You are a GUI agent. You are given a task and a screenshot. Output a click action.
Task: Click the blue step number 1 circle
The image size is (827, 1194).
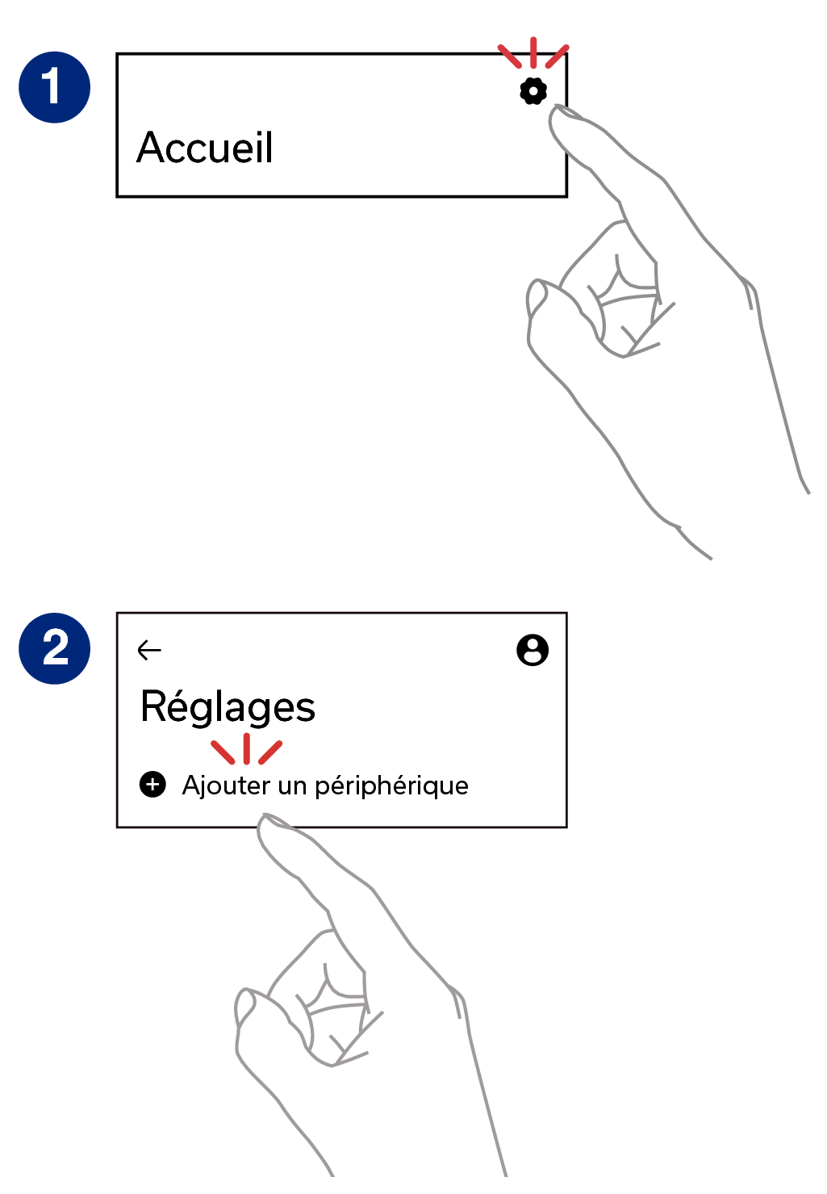click(x=54, y=87)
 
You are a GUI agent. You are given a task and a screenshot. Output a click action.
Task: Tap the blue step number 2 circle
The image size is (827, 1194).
click(x=54, y=648)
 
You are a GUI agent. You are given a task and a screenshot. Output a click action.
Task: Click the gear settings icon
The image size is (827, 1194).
click(x=533, y=91)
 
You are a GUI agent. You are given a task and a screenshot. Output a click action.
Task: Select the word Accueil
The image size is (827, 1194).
click(x=205, y=147)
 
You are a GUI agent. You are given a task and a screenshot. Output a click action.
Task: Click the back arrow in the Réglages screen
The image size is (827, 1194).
click(x=149, y=651)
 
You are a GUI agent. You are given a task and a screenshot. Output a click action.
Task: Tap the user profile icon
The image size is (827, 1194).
click(x=533, y=650)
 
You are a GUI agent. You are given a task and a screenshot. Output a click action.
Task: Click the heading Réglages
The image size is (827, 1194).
click(x=228, y=708)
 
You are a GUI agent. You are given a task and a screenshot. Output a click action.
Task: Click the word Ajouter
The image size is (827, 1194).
click(x=227, y=786)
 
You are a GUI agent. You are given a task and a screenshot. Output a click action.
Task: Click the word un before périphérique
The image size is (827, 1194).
click(x=293, y=787)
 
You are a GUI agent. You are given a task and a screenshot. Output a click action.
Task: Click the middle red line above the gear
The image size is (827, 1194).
click(x=533, y=52)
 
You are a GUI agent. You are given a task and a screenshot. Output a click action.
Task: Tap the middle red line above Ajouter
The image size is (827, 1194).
click(x=246, y=748)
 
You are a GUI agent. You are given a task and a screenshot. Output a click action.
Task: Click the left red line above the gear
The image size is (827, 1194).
click(x=509, y=56)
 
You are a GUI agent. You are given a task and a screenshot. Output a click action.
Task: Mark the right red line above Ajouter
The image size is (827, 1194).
click(x=270, y=752)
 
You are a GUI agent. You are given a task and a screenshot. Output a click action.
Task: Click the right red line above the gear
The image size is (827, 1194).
click(x=558, y=56)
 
